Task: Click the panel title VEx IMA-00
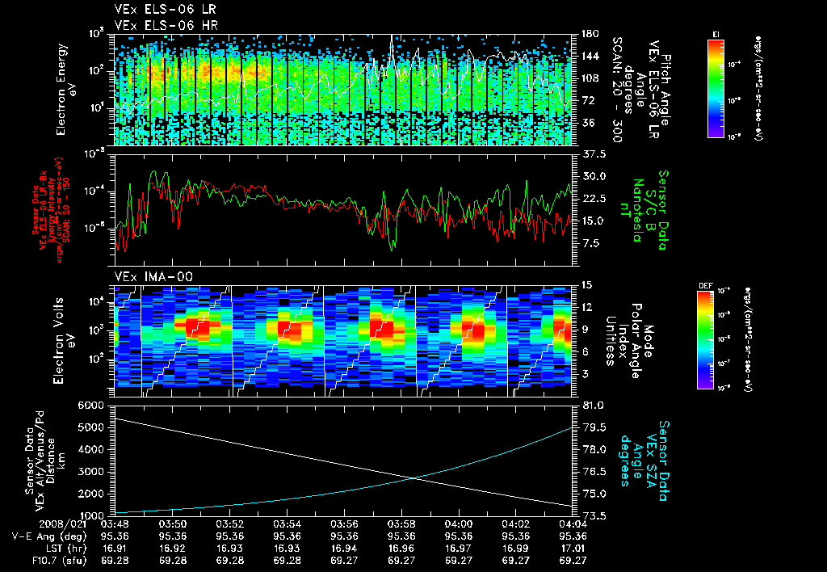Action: (147, 276)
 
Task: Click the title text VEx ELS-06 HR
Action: (155, 26)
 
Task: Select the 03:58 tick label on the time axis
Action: (402, 524)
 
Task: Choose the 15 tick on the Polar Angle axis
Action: (586, 285)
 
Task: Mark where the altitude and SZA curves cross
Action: (413, 478)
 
